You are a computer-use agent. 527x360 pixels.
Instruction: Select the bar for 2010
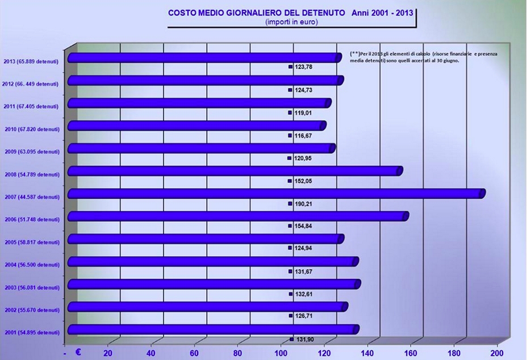click(196, 125)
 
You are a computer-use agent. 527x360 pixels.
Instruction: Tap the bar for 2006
click(237, 216)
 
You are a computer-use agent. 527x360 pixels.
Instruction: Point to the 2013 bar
click(204, 57)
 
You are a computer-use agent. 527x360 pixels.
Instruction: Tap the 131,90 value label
click(305, 340)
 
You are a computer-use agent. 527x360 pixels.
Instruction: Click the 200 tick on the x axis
click(497, 353)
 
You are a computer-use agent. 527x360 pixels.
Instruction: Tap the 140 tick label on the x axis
click(367, 353)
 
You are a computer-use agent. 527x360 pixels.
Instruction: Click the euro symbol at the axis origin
click(78, 352)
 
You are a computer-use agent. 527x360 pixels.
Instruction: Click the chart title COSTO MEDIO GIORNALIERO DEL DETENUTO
click(257, 12)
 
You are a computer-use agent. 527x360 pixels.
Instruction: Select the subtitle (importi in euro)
click(291, 22)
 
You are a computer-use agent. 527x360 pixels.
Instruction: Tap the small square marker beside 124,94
click(290, 248)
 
